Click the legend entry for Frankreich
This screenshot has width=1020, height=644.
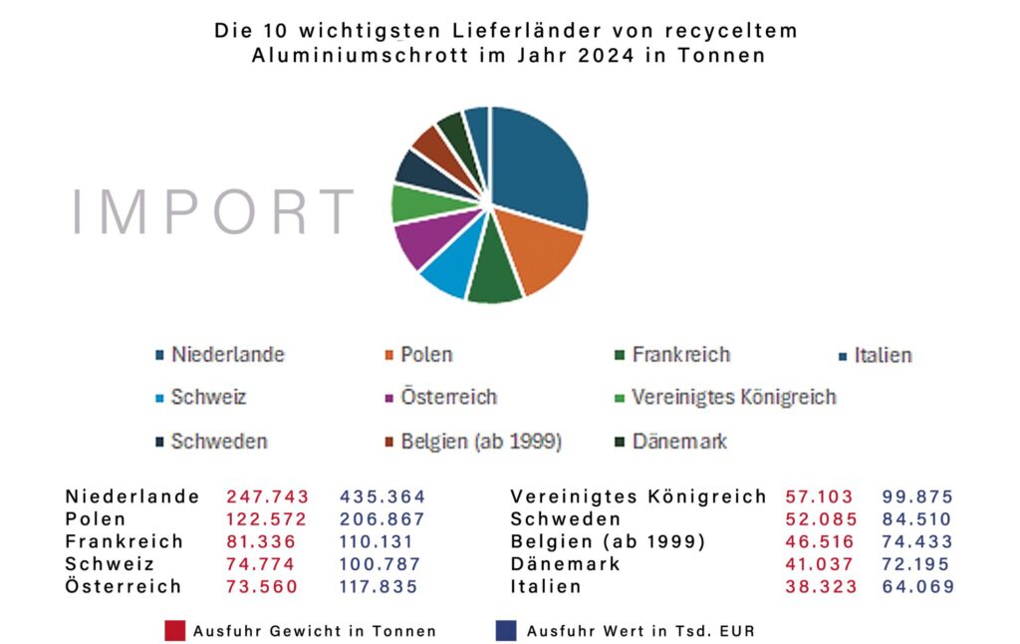click(x=680, y=355)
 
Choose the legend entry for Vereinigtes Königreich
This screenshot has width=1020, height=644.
click(x=733, y=398)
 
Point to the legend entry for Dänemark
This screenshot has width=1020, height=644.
click(x=679, y=441)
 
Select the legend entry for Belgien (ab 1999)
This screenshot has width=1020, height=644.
click(x=481, y=442)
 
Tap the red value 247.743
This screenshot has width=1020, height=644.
click(x=268, y=496)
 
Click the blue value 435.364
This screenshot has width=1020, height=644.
click(x=382, y=496)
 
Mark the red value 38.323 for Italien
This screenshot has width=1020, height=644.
click(x=822, y=587)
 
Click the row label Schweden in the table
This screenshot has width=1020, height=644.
click(x=566, y=519)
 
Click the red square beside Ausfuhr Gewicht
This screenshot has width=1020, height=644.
click(x=175, y=630)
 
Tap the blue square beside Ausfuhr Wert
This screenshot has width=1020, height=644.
click(x=505, y=630)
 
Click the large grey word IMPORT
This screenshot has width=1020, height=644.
click(x=213, y=212)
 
